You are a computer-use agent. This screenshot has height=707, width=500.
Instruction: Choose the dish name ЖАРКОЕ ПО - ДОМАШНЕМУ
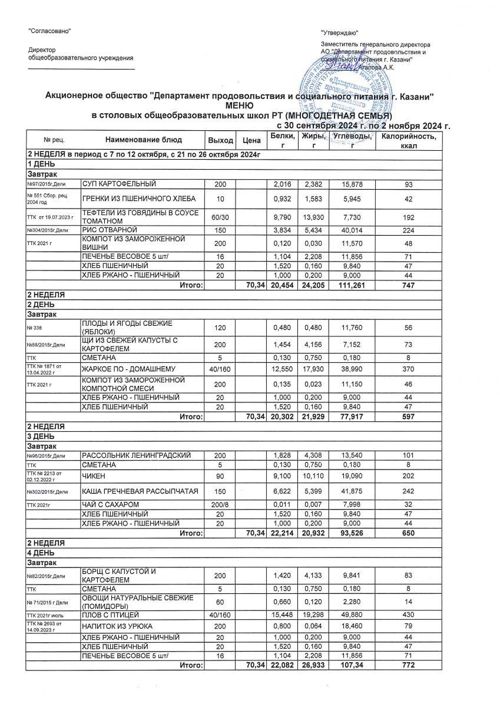coord(131,368)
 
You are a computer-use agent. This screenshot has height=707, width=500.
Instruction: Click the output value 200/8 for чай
coord(219,504)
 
